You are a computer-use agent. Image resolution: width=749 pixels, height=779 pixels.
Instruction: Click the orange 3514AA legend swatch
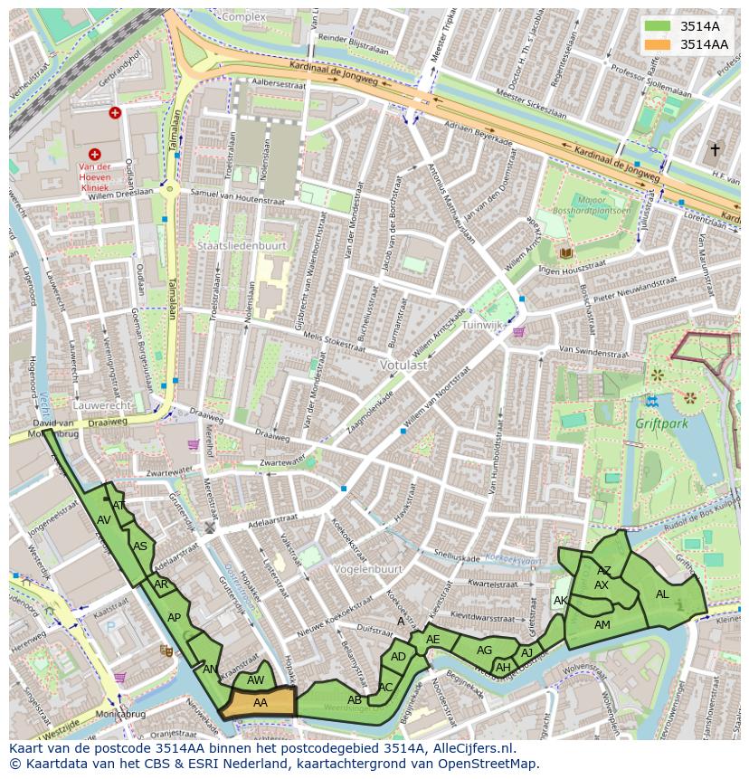[659, 44]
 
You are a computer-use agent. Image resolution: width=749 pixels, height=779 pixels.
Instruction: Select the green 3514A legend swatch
[659, 26]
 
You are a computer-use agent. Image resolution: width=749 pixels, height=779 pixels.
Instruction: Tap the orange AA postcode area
[260, 703]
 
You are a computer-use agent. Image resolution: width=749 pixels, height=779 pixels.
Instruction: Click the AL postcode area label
[662, 594]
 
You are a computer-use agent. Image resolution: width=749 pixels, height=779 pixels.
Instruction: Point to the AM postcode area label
[602, 625]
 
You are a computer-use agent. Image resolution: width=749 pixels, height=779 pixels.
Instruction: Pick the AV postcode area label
[104, 520]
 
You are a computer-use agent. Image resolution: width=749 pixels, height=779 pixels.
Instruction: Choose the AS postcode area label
[140, 546]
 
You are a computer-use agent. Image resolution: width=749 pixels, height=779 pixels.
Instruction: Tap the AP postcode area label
[174, 618]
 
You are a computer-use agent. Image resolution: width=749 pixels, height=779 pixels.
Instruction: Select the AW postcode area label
[256, 680]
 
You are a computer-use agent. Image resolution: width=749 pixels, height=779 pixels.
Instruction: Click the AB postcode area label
[355, 699]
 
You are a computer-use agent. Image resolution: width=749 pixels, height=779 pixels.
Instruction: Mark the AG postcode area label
[484, 651]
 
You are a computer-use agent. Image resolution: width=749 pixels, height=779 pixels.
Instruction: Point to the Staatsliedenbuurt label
[242, 245]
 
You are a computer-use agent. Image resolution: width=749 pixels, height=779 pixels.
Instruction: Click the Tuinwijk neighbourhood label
[481, 324]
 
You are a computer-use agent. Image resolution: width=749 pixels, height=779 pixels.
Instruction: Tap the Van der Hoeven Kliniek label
[94, 177]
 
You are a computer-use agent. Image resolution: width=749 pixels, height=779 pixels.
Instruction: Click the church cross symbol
[715, 149]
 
